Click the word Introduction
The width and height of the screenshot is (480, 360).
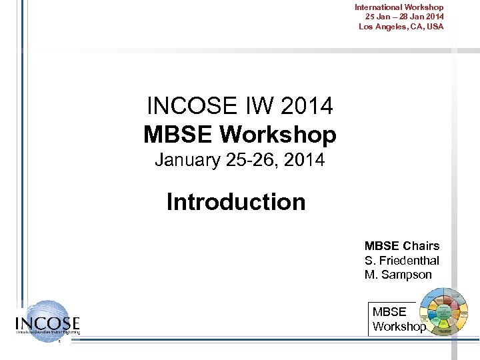point(236,201)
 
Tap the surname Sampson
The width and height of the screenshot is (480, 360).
point(407,275)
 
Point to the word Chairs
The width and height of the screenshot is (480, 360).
point(421,245)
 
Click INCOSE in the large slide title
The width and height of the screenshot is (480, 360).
point(190,105)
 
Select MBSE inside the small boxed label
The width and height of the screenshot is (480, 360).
point(389,312)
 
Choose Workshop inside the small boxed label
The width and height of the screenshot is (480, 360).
point(398,327)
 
